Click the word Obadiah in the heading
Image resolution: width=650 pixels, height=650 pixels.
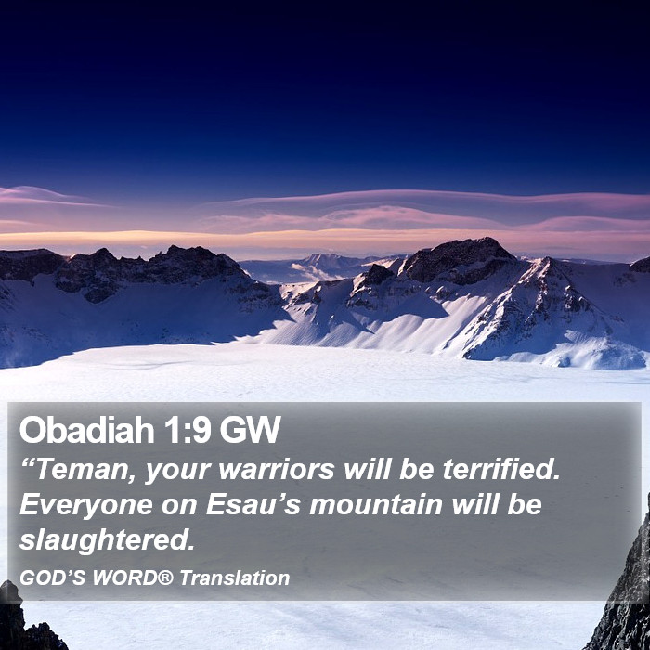87,430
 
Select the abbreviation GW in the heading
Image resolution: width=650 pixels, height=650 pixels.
251,430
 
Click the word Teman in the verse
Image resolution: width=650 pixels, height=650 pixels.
83,471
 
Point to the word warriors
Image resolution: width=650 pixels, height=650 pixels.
277,471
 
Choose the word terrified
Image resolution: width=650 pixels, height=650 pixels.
501,470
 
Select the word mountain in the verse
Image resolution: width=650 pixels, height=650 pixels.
376,505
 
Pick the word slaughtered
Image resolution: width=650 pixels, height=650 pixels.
107,540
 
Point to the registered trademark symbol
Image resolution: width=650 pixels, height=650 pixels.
165,577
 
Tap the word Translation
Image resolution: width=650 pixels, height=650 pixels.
235,578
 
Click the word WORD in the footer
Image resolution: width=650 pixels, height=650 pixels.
124,578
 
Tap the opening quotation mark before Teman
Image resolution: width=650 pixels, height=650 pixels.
27,463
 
